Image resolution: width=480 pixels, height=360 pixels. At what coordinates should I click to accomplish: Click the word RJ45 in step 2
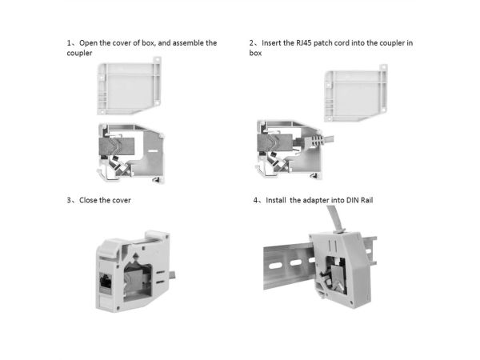[304, 43]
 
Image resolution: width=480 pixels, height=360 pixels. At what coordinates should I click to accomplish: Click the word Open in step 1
[88, 43]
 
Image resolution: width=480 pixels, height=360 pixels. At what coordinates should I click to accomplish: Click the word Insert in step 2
[271, 43]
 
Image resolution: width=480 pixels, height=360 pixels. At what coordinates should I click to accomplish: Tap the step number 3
[69, 200]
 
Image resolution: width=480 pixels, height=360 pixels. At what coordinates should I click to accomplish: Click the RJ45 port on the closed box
[106, 282]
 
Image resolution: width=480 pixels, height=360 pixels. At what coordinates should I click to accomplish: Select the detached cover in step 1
[129, 86]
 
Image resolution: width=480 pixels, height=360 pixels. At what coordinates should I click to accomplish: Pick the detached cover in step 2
[356, 93]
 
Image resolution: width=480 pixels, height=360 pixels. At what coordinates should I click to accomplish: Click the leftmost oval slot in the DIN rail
[275, 266]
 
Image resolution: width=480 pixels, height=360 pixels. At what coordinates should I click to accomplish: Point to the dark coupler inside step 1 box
[117, 146]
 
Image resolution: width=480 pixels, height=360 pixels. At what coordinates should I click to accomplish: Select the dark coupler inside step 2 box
[274, 142]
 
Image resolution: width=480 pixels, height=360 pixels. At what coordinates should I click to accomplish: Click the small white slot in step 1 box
[153, 151]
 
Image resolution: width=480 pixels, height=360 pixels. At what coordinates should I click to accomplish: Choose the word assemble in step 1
[188, 43]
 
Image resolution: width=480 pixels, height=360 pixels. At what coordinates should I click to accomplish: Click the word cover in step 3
[122, 200]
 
